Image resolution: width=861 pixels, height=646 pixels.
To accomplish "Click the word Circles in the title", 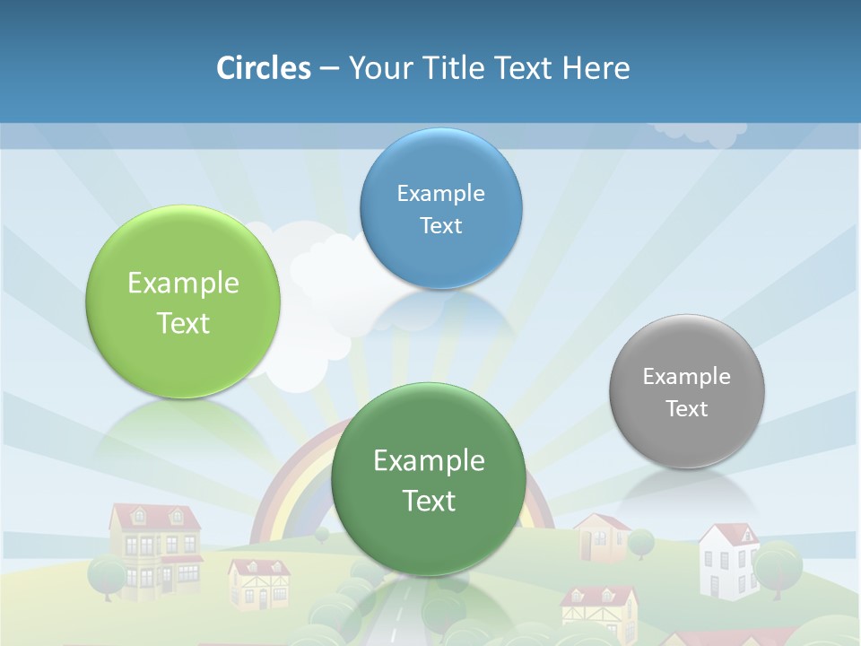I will [263, 67].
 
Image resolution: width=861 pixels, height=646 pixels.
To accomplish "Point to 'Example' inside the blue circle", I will [440, 193].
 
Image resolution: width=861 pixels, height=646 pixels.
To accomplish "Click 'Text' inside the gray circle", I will [687, 409].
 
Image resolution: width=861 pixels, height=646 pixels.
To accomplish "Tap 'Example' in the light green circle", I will [183, 283].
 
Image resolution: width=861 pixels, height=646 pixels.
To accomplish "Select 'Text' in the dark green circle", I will [429, 501].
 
